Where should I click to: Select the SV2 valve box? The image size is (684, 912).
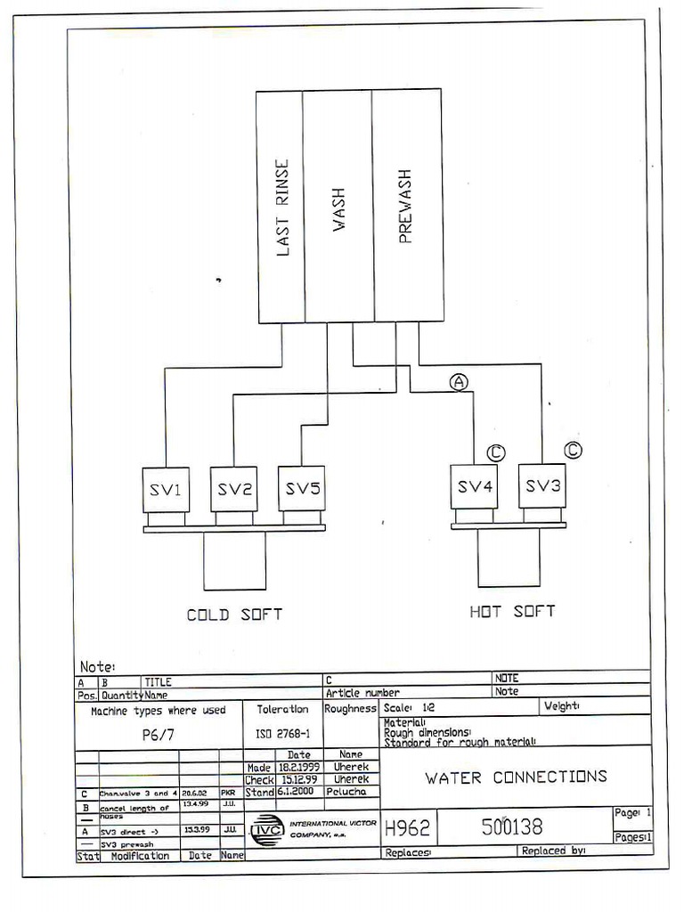(x=233, y=489)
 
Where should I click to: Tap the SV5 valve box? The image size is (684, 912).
(x=301, y=488)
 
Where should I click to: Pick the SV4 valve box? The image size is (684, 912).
(x=474, y=486)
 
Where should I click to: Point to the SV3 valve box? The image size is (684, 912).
(x=542, y=485)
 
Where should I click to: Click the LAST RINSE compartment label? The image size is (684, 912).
(x=282, y=208)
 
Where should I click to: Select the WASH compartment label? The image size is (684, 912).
(x=338, y=209)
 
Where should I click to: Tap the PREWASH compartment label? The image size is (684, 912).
(x=405, y=207)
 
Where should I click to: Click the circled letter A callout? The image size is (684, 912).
(x=459, y=381)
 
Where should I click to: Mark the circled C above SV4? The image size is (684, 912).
(x=496, y=453)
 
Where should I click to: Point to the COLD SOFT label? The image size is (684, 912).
(x=234, y=615)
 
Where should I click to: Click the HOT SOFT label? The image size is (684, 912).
(x=512, y=611)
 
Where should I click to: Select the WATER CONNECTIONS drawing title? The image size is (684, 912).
(x=516, y=777)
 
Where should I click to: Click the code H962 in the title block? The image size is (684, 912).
(x=407, y=828)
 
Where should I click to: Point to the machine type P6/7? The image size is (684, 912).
(x=159, y=736)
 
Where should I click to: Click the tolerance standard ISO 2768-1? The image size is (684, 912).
(x=283, y=735)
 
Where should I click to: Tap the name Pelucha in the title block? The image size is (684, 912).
(x=351, y=791)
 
